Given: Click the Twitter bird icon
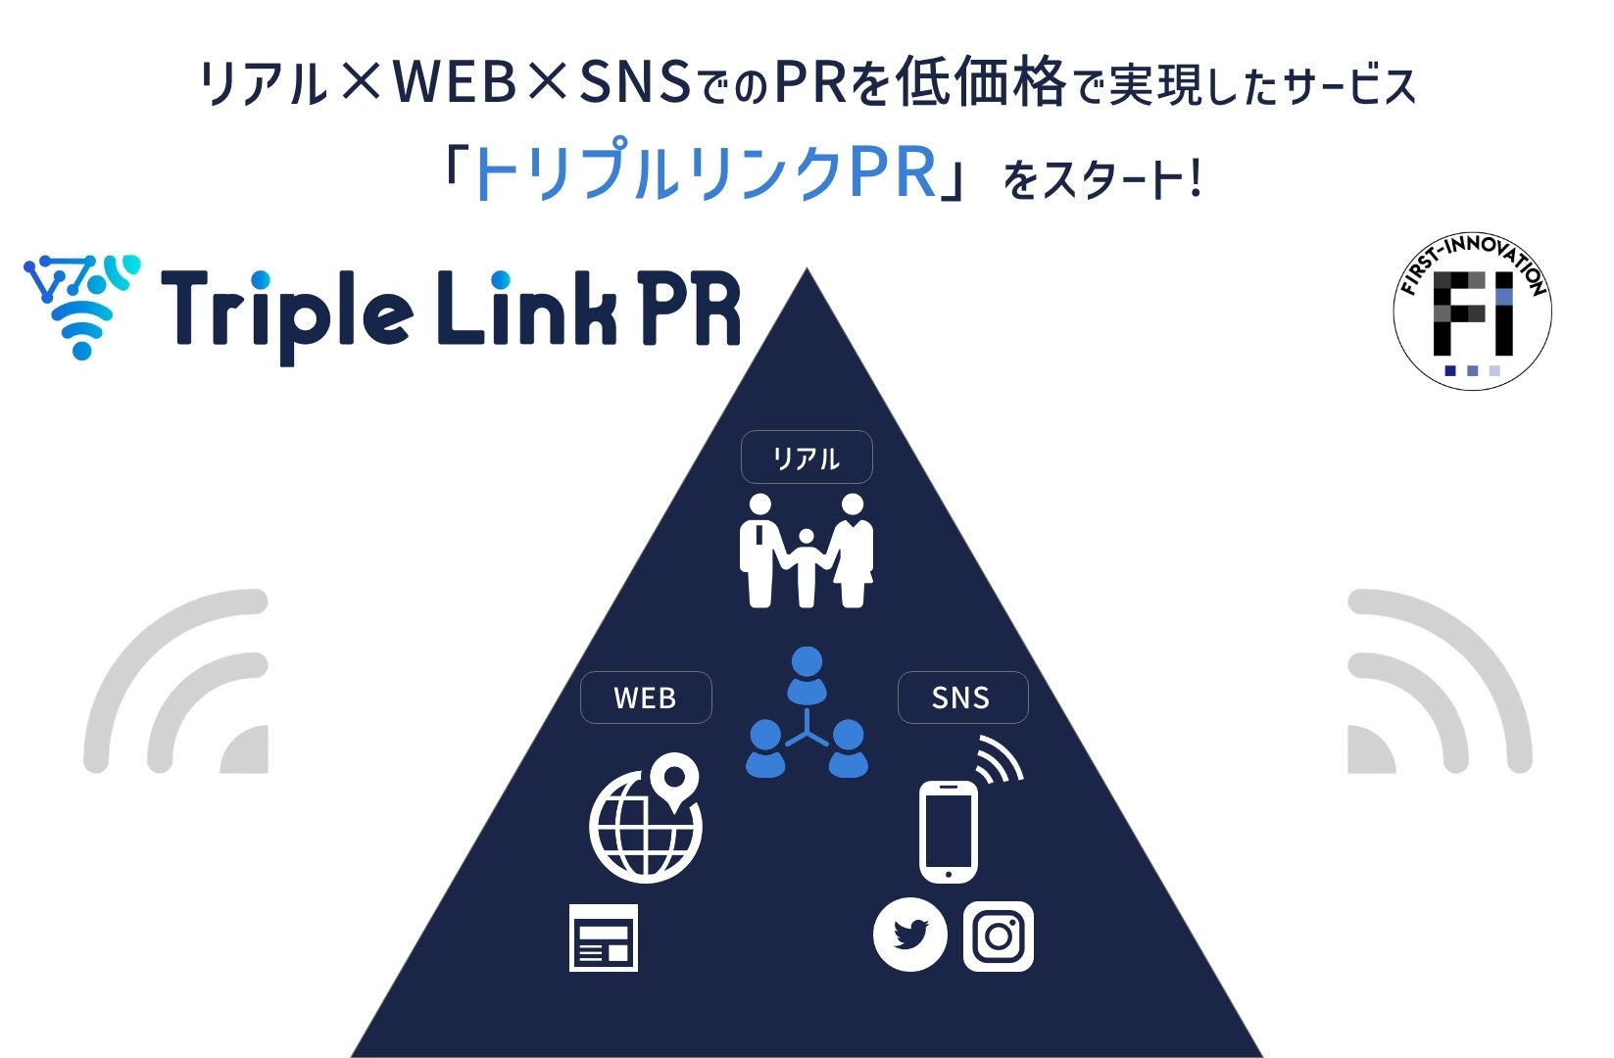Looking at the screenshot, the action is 909,935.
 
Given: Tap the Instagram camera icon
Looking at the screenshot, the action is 998,936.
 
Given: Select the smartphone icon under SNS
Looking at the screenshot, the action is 948,831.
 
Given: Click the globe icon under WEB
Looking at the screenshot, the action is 643,828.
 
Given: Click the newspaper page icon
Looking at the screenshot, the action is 603,938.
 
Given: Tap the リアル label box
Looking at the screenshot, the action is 806,457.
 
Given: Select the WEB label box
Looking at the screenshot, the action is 645,697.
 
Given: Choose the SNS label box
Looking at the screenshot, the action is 961,697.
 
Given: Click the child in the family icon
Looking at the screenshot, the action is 806,566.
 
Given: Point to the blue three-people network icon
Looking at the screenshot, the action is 807,714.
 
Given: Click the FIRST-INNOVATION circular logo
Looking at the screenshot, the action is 1472,310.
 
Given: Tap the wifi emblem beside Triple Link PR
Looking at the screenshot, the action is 82,305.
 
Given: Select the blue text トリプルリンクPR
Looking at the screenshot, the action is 704,174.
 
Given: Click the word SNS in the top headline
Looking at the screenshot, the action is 634,82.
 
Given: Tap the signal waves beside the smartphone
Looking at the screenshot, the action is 999,759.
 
